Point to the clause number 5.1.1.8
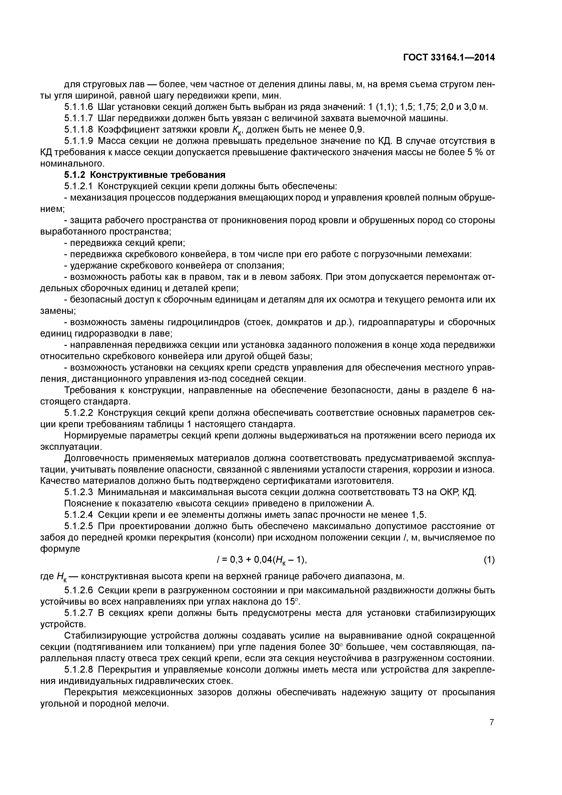click(x=79, y=129)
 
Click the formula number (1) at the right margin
click(x=489, y=560)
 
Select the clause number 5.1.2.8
click(x=79, y=669)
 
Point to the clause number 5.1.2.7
click(x=79, y=613)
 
